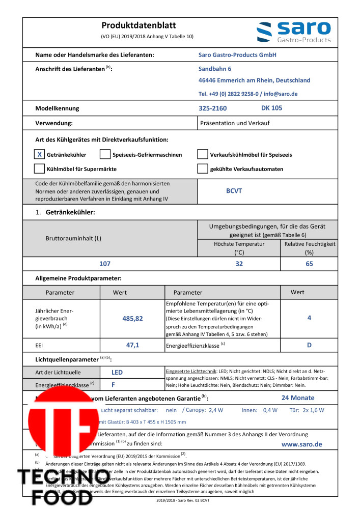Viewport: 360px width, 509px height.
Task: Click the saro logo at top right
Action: click(293, 32)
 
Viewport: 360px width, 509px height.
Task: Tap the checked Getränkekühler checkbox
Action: click(39, 154)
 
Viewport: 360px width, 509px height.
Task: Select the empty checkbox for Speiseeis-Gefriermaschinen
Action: click(105, 154)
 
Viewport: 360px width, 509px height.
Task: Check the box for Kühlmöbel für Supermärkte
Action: click(39, 168)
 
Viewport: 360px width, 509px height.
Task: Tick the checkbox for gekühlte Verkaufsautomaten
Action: click(202, 168)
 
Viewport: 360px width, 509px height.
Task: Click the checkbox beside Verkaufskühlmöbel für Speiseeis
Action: click(202, 154)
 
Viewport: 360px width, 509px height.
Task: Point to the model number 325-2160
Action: click(212, 108)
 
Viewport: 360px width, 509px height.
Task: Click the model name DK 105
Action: click(271, 108)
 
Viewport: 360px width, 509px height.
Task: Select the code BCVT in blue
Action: click(234, 191)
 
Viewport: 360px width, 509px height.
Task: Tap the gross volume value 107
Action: click(104, 264)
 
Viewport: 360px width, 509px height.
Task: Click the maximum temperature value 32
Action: click(239, 264)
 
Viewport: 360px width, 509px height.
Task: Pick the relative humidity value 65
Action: click(309, 264)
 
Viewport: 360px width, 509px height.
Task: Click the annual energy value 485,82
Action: click(132, 318)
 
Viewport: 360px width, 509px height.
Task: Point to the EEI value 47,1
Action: click(132, 345)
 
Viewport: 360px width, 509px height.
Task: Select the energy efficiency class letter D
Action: click(309, 345)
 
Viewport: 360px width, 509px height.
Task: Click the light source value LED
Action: click(117, 372)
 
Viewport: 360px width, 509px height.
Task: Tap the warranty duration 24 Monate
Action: click(298, 398)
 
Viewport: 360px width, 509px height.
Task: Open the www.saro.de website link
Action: click(301, 444)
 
